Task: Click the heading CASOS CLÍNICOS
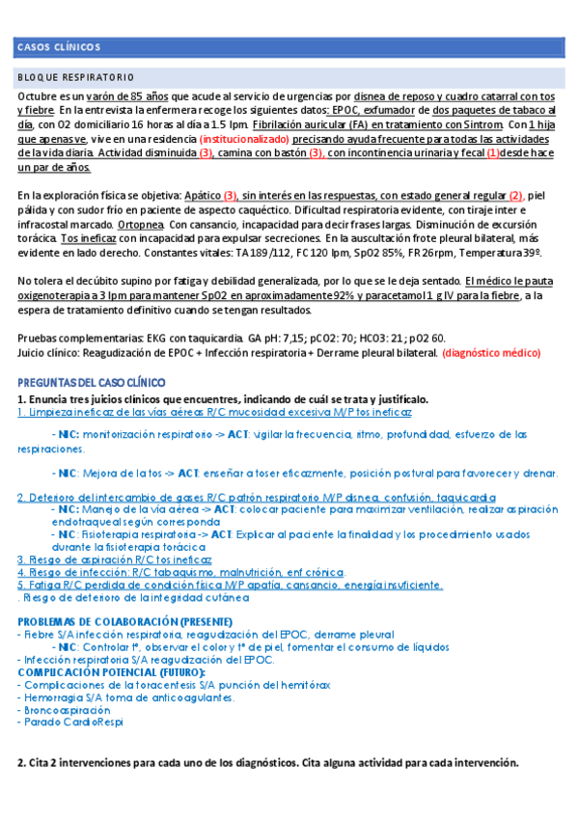click(x=59, y=47)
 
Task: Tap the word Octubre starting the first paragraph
click(x=39, y=97)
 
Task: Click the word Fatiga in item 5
click(x=44, y=585)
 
